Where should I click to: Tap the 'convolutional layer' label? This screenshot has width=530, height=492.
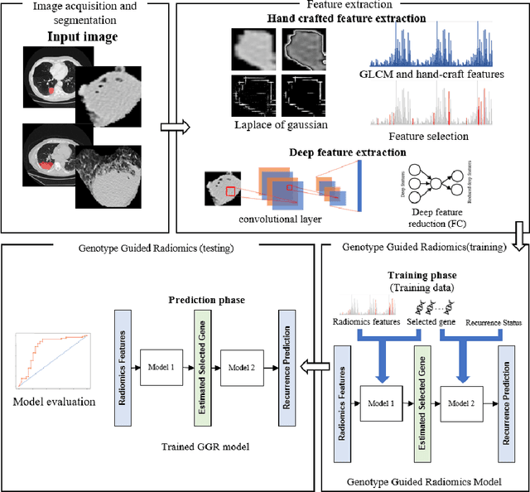(x=267, y=218)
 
